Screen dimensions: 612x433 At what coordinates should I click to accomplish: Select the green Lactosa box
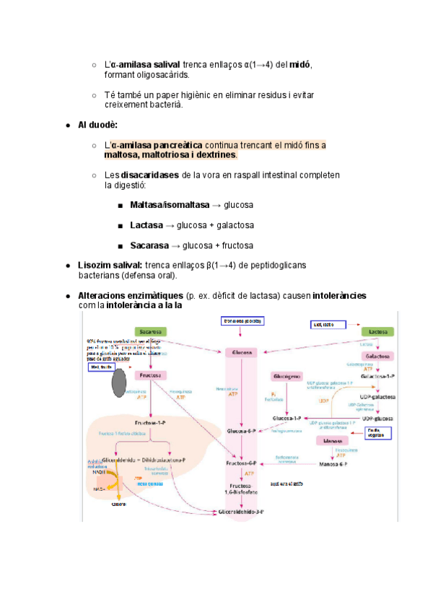click(378, 331)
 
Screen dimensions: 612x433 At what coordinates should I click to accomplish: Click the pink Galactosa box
click(378, 357)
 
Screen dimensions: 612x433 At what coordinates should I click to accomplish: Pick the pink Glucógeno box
click(287, 377)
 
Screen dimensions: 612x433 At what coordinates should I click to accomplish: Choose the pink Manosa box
click(333, 440)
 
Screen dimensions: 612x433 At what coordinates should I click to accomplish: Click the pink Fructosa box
click(150, 375)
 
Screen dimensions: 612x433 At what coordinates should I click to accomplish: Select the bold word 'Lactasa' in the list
click(146, 225)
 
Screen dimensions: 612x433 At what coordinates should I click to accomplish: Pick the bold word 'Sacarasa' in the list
click(149, 245)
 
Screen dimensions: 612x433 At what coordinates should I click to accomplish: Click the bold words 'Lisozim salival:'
click(110, 266)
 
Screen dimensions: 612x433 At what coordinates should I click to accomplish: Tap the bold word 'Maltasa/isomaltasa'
click(166, 205)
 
